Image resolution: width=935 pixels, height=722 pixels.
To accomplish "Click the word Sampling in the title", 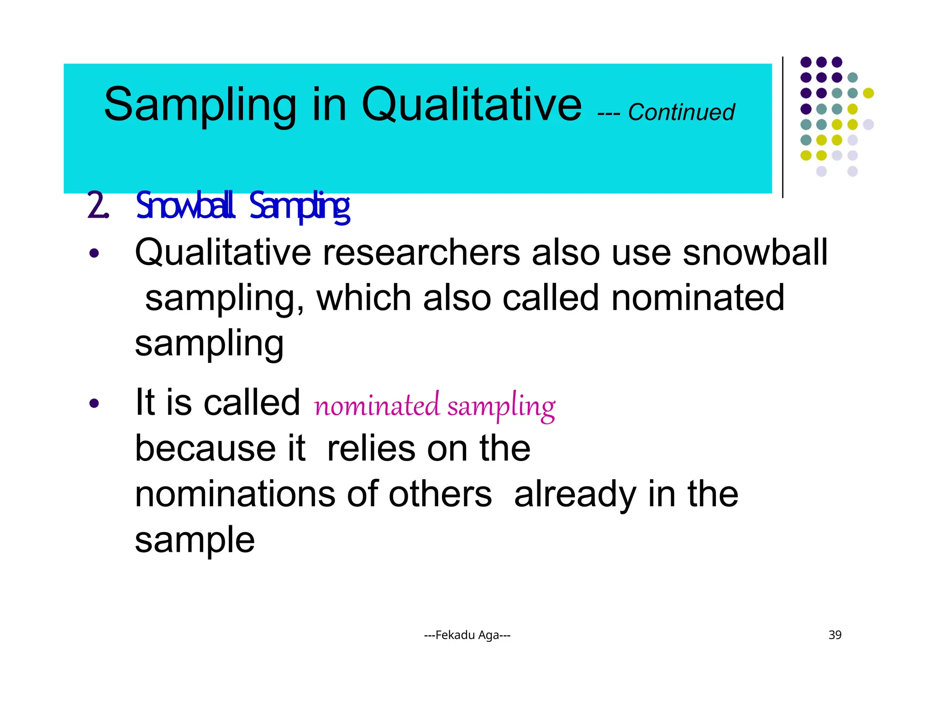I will pos(200,106).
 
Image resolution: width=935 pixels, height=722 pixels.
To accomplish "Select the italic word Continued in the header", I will pos(681,112).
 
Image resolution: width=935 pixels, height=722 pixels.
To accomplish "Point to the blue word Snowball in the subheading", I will pos(185,206).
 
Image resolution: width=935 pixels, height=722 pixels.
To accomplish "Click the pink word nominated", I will pos(377,405).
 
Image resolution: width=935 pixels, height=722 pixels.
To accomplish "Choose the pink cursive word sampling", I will pos(501,406).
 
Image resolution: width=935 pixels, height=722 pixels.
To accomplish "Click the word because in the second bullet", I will pos(205,448).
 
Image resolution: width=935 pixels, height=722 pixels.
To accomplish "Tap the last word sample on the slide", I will pos(195,540).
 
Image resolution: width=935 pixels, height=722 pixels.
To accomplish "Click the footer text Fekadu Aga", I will pos(467,635).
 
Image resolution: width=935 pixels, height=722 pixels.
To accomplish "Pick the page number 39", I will pos(835,635).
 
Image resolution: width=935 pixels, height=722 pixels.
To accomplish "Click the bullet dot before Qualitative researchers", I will pos(94,253).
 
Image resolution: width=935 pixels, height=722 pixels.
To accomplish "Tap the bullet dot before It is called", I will pos(94,403).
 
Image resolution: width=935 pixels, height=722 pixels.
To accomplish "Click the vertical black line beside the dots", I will pos(783,128).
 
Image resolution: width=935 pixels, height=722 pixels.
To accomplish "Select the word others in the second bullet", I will pos(440,494).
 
